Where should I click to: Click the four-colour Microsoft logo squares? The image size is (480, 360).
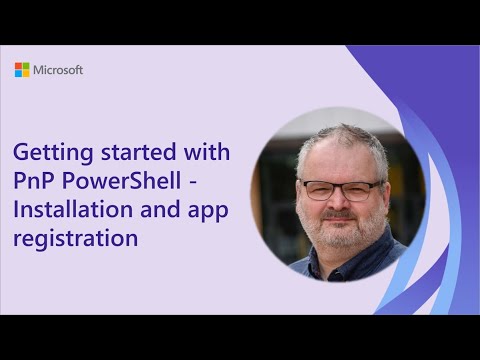pos(22,70)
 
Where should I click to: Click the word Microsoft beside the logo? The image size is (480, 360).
pos(58,70)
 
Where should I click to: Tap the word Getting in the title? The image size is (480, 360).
pos(48,154)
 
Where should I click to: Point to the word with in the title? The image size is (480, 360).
pos(204,154)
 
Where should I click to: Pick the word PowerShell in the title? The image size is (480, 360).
pos(128,183)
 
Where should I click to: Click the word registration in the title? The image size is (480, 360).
pos(74,240)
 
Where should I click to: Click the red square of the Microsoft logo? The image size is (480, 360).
pos(18,66)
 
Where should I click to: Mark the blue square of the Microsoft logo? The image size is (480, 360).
pos(18,74)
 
